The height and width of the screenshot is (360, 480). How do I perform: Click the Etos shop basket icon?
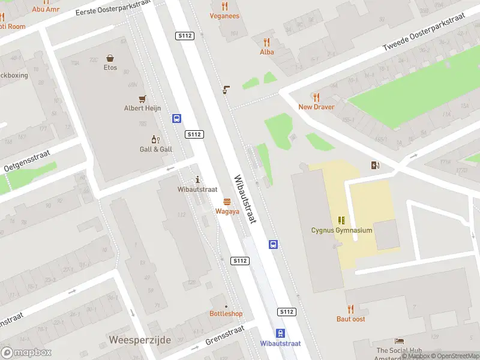pyautogui.click(x=110, y=58)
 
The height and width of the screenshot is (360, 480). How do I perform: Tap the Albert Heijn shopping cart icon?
pyautogui.click(x=142, y=99)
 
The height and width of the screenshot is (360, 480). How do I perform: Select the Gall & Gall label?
pyautogui.click(x=156, y=149)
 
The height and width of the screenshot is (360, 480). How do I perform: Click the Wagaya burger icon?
pyautogui.click(x=227, y=202)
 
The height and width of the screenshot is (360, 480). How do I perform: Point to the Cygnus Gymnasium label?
pyautogui.click(x=341, y=230)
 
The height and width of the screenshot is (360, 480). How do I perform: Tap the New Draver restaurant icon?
pyautogui.click(x=316, y=97)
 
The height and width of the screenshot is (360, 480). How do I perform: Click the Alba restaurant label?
pyautogui.click(x=267, y=52)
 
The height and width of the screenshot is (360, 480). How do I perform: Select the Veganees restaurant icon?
pyautogui.click(x=225, y=6)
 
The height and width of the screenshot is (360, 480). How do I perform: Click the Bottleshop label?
pyautogui.click(x=226, y=314)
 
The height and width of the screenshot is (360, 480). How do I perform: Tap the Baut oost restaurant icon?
pyautogui.click(x=351, y=310)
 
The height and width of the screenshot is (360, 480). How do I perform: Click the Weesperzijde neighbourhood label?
pyautogui.click(x=140, y=340)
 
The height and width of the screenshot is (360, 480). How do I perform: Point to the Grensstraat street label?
pyautogui.click(x=225, y=336)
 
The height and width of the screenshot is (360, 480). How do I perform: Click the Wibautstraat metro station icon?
pyautogui.click(x=280, y=334)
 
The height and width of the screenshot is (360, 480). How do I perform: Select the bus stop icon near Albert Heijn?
pyautogui.click(x=177, y=119)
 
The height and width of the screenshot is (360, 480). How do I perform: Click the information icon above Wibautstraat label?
pyautogui.click(x=198, y=179)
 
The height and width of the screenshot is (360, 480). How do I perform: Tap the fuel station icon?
pyautogui.click(x=376, y=166)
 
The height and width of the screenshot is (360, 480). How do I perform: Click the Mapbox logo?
pyautogui.click(x=26, y=352)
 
